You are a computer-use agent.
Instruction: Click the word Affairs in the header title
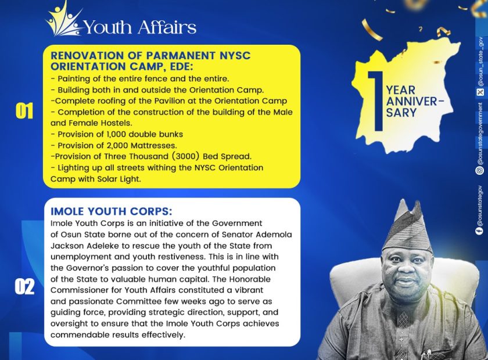tap(167, 27)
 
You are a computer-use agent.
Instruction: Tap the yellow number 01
tap(24, 111)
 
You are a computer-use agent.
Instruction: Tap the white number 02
tap(24, 287)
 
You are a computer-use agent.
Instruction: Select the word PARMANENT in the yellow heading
tap(181, 55)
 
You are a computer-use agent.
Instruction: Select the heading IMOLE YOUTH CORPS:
tap(112, 211)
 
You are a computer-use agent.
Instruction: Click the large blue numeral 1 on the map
tap(376, 101)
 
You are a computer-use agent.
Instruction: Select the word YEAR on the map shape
tap(401, 90)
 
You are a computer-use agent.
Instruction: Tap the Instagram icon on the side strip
tap(480, 171)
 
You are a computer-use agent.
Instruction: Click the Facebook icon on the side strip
tap(480, 231)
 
